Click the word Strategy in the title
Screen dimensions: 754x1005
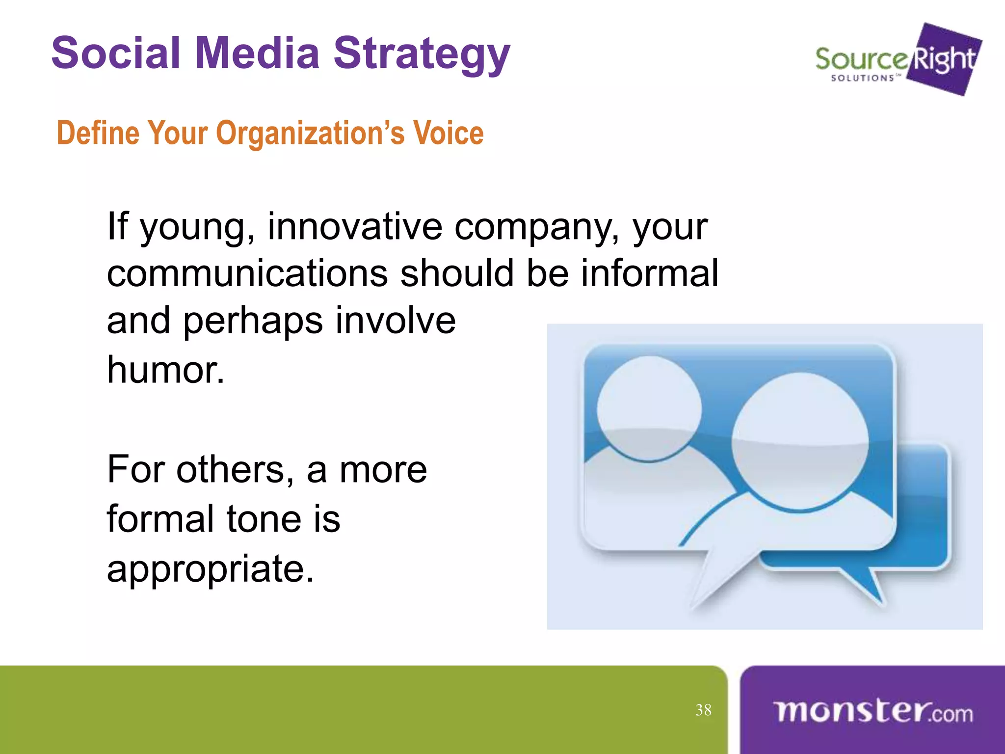tap(422, 54)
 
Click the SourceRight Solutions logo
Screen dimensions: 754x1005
tap(898, 60)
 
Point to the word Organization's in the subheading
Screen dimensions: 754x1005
tap(310, 134)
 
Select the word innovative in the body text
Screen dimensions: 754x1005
tap(354, 227)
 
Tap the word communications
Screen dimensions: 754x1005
tap(247, 273)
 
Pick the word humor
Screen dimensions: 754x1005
tap(165, 370)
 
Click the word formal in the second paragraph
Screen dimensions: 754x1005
tap(159, 519)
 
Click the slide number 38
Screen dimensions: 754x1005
tap(703, 710)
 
